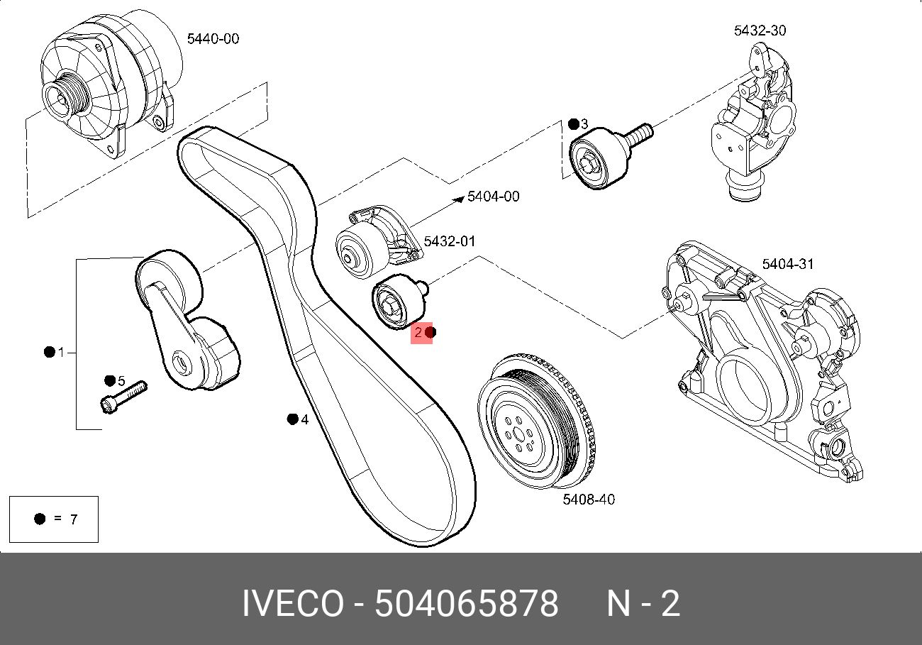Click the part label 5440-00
click(x=213, y=39)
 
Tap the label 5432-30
click(x=760, y=31)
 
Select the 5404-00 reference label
click(x=493, y=197)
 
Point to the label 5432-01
click(x=450, y=242)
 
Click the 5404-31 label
click(x=788, y=265)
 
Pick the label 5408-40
click(x=589, y=500)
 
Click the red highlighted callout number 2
click(x=419, y=332)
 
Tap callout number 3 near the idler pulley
click(x=584, y=124)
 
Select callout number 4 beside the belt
click(x=305, y=420)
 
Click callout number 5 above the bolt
click(x=121, y=382)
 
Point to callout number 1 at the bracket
click(x=61, y=352)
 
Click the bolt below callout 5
click(x=123, y=397)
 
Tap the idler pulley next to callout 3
click(x=592, y=160)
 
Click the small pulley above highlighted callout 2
click(x=397, y=303)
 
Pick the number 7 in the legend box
click(x=73, y=519)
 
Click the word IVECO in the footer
click(x=292, y=604)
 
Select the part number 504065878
click(x=466, y=604)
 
